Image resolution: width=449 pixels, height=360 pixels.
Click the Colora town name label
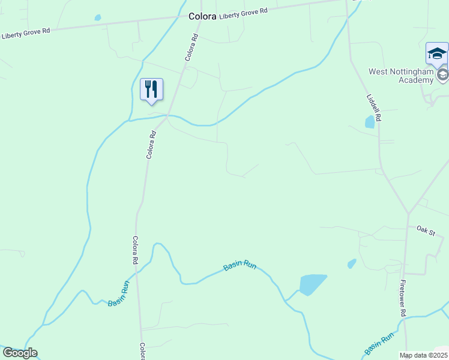tap(202, 17)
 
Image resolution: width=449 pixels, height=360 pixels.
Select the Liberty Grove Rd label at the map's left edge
tap(26, 34)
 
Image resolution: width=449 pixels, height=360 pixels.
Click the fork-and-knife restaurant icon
tap(151, 89)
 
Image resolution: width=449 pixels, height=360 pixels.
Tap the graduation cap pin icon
tap(437, 54)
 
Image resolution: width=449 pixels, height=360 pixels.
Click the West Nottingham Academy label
tap(401, 76)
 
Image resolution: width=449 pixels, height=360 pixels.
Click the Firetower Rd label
tap(402, 297)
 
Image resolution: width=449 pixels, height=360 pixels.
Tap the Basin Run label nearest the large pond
tap(240, 265)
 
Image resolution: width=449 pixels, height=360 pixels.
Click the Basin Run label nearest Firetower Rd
tap(378, 344)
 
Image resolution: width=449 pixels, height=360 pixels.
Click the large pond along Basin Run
tap(312, 283)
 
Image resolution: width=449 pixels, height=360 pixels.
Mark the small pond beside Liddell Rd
tap(370, 122)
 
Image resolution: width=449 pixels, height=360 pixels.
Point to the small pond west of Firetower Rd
tap(352, 263)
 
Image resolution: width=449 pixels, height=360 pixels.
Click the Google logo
tap(20, 353)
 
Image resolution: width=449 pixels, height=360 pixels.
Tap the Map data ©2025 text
tap(423, 355)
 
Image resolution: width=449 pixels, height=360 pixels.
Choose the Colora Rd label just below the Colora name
tap(191, 47)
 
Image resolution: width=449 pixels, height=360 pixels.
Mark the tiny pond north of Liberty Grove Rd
tap(98, 18)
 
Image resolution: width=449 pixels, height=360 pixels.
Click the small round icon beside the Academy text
tap(443, 74)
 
